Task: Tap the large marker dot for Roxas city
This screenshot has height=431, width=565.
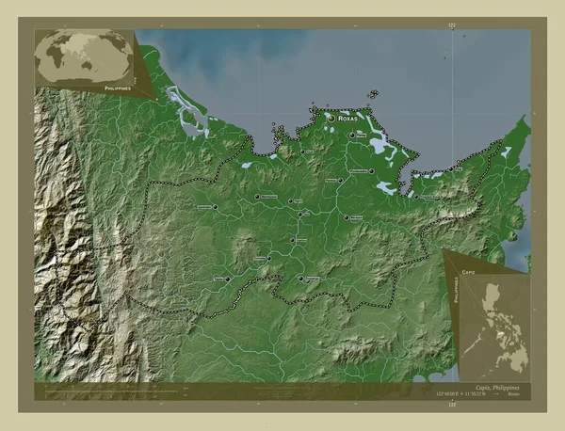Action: tap(331, 120)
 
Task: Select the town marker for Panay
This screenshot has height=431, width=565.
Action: tap(352, 136)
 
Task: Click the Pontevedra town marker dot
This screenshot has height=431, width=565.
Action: tap(372, 170)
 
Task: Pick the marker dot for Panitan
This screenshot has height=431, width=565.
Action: tap(341, 180)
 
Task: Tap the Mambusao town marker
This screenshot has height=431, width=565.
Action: tap(257, 197)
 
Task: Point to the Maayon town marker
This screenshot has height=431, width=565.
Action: tap(346, 217)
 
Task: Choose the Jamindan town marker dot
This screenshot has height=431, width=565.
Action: tap(216, 207)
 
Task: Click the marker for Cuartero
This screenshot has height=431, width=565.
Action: tap(292, 241)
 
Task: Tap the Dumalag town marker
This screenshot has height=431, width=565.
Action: tap(268, 257)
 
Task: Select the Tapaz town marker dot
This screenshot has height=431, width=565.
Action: tap(228, 279)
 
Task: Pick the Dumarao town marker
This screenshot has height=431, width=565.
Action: tap(301, 279)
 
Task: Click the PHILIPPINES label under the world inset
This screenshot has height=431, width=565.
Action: tap(111, 85)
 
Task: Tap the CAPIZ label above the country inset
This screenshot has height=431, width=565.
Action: tap(469, 270)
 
